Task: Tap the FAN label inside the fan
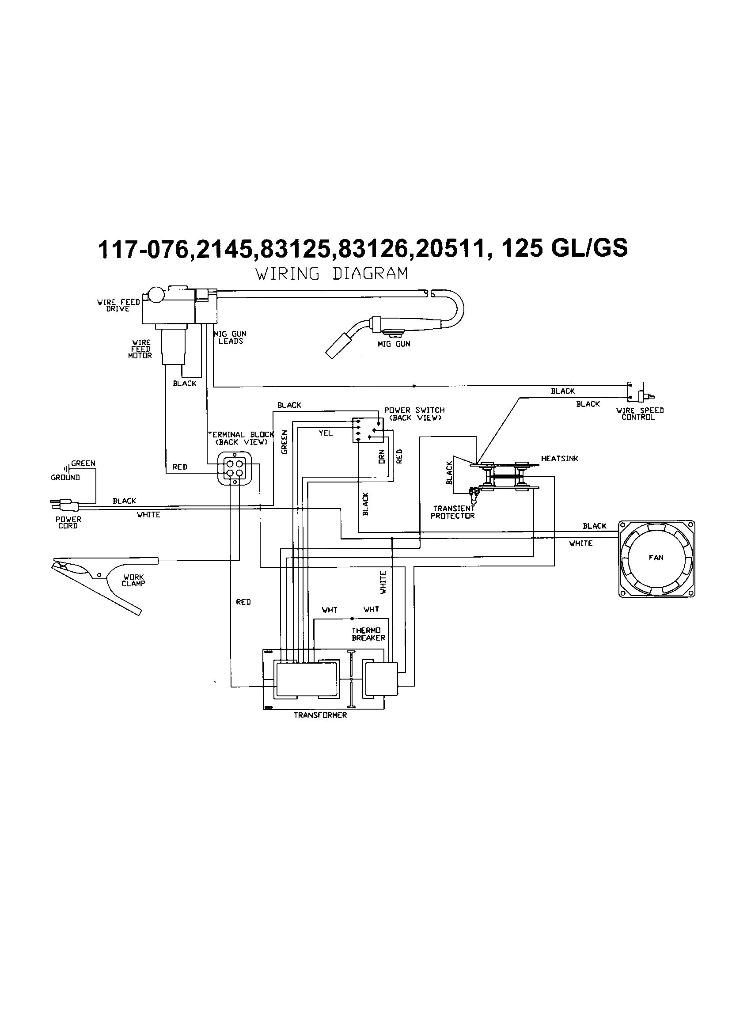[656, 558]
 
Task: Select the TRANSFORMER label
[320, 715]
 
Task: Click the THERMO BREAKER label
[368, 634]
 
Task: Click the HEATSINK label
[560, 459]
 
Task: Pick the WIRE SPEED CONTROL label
[639, 414]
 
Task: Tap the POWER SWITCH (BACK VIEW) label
[414, 414]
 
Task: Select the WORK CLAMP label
[133, 580]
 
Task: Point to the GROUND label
[65, 478]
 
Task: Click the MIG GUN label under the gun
[394, 344]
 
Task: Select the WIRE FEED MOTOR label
[140, 349]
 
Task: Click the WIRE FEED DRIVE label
[118, 305]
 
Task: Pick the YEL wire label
[325, 433]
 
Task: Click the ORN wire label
[382, 456]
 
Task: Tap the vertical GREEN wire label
[284, 442]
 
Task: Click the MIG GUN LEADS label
[231, 338]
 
